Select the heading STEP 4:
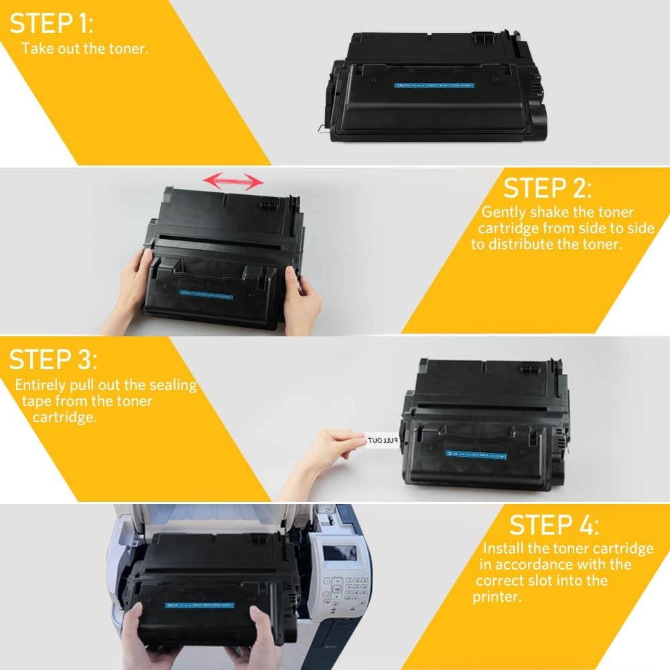pyautogui.click(x=555, y=524)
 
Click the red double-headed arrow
pyautogui.click(x=233, y=180)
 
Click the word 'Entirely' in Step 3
pyautogui.click(x=40, y=385)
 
